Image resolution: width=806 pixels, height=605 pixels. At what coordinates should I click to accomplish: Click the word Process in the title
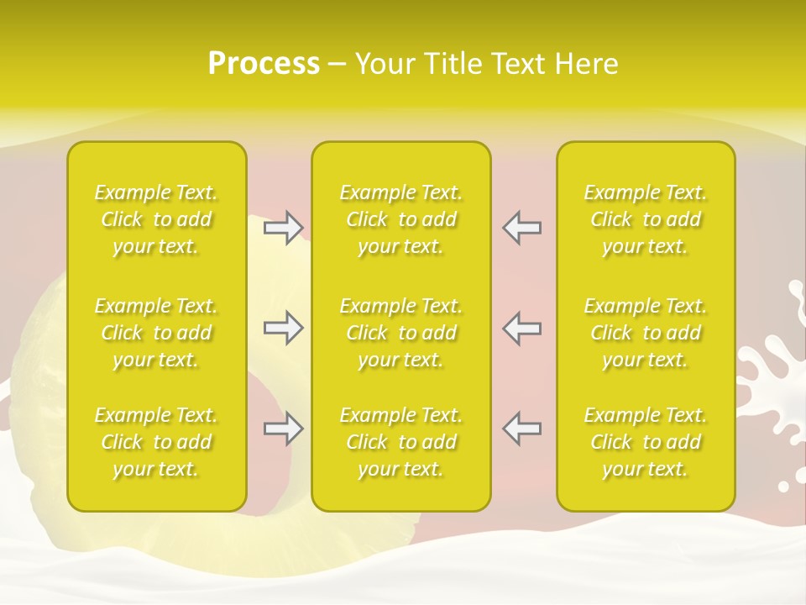(x=264, y=64)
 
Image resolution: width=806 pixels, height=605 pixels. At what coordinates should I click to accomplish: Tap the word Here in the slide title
(x=585, y=64)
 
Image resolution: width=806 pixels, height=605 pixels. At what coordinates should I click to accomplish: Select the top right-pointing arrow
(x=284, y=227)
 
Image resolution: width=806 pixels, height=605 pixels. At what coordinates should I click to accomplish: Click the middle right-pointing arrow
(x=284, y=328)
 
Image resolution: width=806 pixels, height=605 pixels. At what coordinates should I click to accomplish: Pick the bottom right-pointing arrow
(x=284, y=429)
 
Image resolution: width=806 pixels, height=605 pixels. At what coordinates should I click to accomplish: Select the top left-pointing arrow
(x=522, y=227)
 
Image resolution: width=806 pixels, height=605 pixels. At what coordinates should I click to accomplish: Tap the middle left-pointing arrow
(x=522, y=328)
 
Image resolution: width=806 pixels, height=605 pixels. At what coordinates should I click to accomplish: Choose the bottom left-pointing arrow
(x=522, y=429)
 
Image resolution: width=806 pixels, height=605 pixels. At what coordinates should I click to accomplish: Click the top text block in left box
(x=156, y=219)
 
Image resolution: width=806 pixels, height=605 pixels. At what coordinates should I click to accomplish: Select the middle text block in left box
(x=156, y=333)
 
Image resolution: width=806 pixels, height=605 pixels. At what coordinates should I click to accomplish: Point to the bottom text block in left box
(x=156, y=442)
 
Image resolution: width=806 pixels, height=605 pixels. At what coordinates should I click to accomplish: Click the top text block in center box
(x=401, y=219)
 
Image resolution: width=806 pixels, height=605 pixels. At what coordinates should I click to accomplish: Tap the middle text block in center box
(x=401, y=333)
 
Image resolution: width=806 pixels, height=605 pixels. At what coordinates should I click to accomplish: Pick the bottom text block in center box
(x=401, y=442)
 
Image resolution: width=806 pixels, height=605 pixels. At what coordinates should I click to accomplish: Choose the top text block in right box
(x=646, y=219)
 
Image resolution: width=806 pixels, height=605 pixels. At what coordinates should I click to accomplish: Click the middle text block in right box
(x=646, y=333)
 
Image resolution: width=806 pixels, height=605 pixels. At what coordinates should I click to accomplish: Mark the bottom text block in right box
(x=646, y=442)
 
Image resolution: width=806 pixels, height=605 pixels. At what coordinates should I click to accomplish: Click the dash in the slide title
(x=338, y=65)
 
